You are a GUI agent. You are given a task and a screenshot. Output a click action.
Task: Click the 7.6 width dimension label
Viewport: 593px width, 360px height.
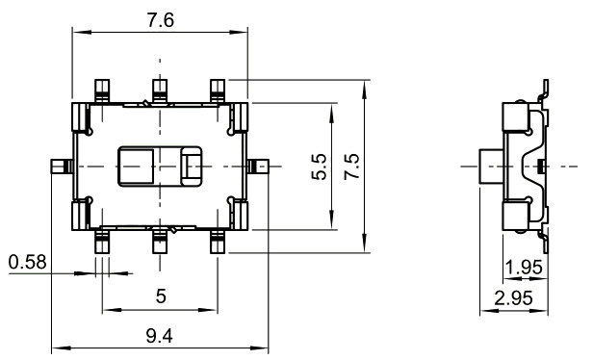pos(160,21)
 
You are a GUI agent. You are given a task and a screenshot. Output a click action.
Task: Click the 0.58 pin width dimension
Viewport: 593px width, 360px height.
pos(26,262)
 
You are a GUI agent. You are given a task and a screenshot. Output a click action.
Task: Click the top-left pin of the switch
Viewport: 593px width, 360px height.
pos(101,89)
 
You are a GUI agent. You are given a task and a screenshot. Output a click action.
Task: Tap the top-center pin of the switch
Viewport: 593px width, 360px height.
pos(160,89)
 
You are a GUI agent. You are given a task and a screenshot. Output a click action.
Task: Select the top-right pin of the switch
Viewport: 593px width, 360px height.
pos(219,89)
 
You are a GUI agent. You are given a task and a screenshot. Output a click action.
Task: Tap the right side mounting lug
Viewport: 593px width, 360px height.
pos(260,166)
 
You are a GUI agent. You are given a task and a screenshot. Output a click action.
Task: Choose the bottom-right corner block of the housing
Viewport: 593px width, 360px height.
pos(241,216)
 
